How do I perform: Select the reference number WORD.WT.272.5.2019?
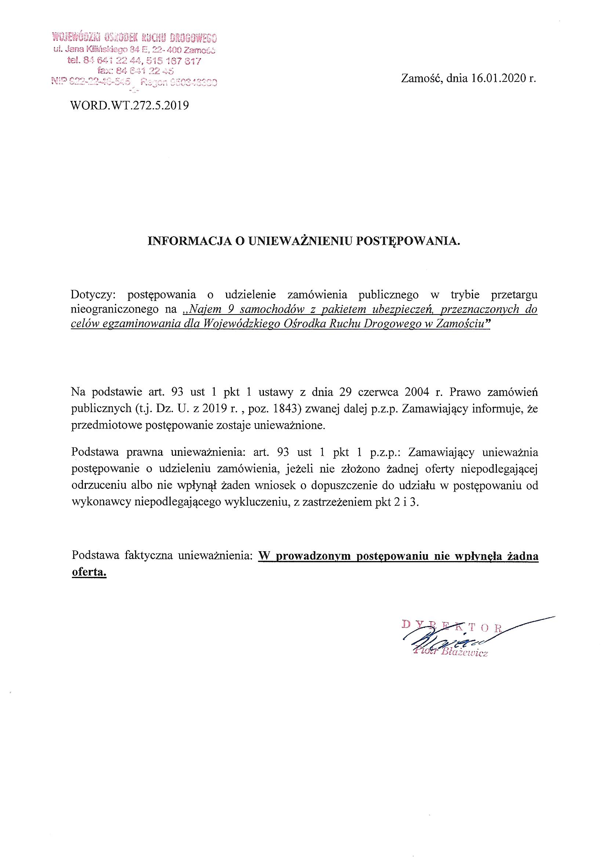130,106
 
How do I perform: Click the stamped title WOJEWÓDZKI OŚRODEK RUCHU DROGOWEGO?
135,38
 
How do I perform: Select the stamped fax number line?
135,70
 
